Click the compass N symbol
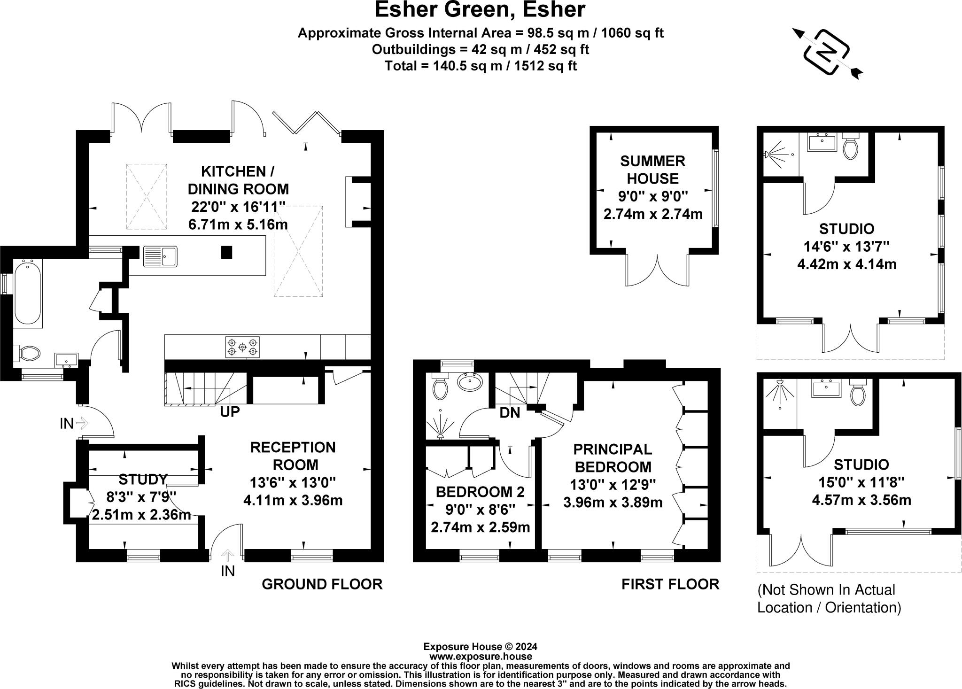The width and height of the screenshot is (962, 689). [x=827, y=52]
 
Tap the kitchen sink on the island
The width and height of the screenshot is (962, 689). [x=160, y=256]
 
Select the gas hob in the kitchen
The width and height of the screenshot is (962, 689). [x=242, y=347]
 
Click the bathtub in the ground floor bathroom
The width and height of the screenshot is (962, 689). [x=28, y=293]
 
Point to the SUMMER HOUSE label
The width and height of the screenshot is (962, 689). [x=652, y=170]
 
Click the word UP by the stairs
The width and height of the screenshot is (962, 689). [x=230, y=412]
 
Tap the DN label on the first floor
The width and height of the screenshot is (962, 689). [x=510, y=413]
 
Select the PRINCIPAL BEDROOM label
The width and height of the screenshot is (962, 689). [x=613, y=458]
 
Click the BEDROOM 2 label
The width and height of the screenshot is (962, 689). [x=480, y=492]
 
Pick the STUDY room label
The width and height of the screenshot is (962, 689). [x=143, y=480]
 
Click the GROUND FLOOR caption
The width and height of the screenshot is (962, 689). [x=322, y=584]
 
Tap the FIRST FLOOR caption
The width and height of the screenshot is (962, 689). [x=670, y=584]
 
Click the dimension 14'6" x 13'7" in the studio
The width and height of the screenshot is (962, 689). [x=846, y=247]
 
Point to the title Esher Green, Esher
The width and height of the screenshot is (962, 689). [x=480, y=10]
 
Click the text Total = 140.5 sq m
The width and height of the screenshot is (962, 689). [x=480, y=66]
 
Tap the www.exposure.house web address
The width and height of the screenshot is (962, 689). [x=480, y=657]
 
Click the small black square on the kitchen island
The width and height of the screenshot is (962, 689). [x=227, y=252]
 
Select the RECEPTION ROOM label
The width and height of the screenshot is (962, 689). [x=293, y=456]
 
